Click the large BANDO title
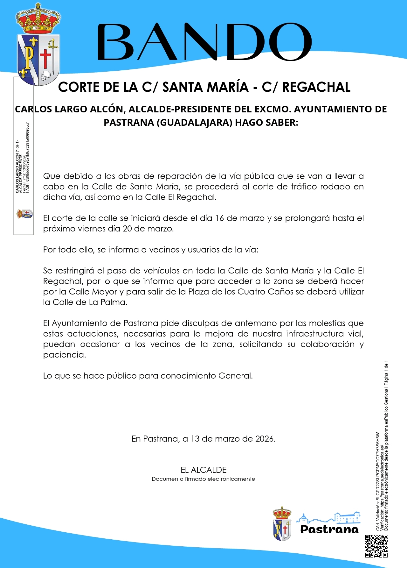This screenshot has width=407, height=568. [204, 42]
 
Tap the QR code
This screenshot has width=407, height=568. [376, 546]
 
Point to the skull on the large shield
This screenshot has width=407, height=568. [46, 75]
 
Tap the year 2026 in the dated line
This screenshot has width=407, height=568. [265, 439]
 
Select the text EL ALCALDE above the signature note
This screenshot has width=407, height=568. [203, 470]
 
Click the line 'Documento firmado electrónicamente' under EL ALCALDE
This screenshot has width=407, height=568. [203, 479]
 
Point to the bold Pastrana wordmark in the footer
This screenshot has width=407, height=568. [329, 529]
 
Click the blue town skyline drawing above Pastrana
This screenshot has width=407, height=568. [329, 518]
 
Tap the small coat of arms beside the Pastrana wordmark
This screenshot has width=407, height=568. [282, 524]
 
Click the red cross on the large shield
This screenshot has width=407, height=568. [45, 58]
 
